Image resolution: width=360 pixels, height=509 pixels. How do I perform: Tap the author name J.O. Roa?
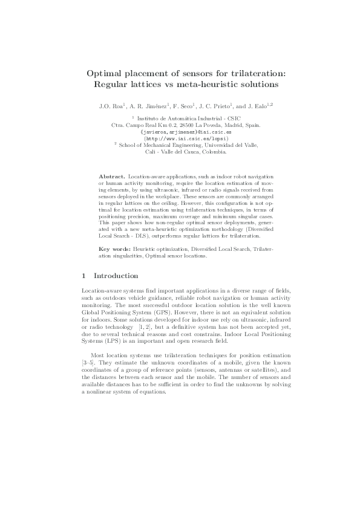pyautogui.click(x=110, y=106)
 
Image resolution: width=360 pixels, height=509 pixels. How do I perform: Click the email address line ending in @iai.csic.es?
pyautogui.click(x=180, y=131)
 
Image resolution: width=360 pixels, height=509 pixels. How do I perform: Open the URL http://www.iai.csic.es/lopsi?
pyautogui.click(x=180, y=138)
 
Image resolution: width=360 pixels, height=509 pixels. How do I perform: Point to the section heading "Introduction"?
pyautogui.click(x=117, y=276)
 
